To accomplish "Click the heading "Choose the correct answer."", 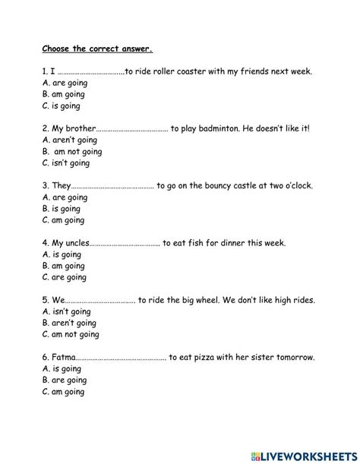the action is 96,51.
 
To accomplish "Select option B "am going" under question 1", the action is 65,94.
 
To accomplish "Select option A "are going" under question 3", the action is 65,197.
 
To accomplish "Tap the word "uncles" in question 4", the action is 74,243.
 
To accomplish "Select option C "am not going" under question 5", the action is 71,334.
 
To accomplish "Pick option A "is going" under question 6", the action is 63,368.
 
